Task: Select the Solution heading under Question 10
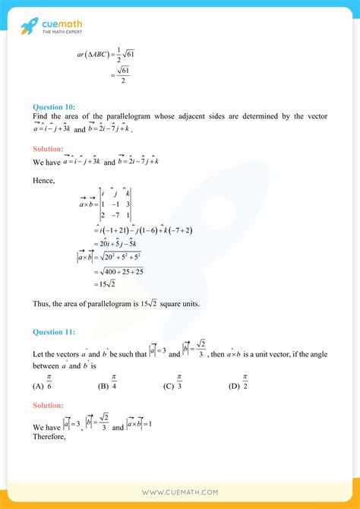point(48,150)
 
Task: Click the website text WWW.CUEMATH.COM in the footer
point(180,492)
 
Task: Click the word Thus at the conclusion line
point(42,304)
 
